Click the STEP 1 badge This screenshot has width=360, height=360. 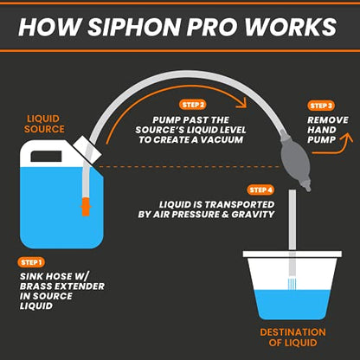tap(31, 262)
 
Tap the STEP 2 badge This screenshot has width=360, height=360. tap(193, 105)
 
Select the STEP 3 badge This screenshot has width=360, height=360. tap(321, 106)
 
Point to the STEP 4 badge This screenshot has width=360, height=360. tap(260, 190)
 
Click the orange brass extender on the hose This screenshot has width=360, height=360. tap(86, 207)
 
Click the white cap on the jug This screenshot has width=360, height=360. tap(87, 149)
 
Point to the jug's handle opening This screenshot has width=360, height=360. tap(46, 157)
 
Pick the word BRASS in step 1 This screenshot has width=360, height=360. tap(35, 286)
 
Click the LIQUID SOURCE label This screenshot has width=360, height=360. tap(44, 124)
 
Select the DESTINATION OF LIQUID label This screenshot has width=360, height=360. tap(292, 337)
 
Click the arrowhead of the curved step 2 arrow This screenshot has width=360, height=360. tap(242, 103)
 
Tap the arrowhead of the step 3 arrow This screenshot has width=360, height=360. tap(347, 138)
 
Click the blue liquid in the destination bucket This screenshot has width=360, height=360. tap(292, 305)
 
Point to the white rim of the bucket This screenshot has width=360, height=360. tap(292, 254)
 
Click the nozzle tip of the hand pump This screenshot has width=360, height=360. tap(308, 188)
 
